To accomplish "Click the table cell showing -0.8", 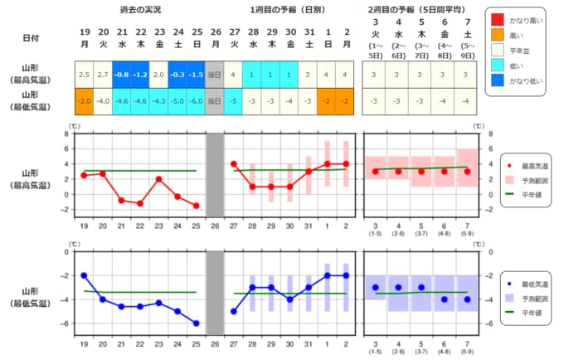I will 121,75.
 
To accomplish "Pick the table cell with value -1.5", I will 195,75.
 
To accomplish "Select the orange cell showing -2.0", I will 84,100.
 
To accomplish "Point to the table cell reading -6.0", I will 195,100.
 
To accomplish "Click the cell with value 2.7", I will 103,75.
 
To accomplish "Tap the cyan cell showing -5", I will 234,100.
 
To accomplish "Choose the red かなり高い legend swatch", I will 496,18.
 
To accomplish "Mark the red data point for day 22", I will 140,203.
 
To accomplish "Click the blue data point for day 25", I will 196,323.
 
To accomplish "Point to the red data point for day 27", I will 233,164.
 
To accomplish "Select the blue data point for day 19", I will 84,275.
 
